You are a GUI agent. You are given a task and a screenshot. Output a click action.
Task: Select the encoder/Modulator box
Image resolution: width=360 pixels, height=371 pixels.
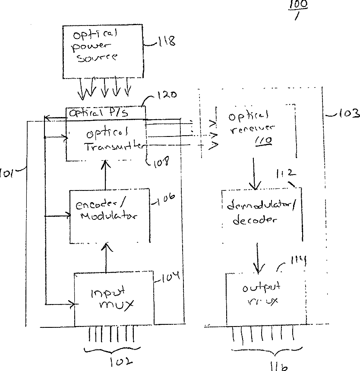point(110,215)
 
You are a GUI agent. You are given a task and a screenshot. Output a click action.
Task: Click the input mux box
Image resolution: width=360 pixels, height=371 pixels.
point(114,299)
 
